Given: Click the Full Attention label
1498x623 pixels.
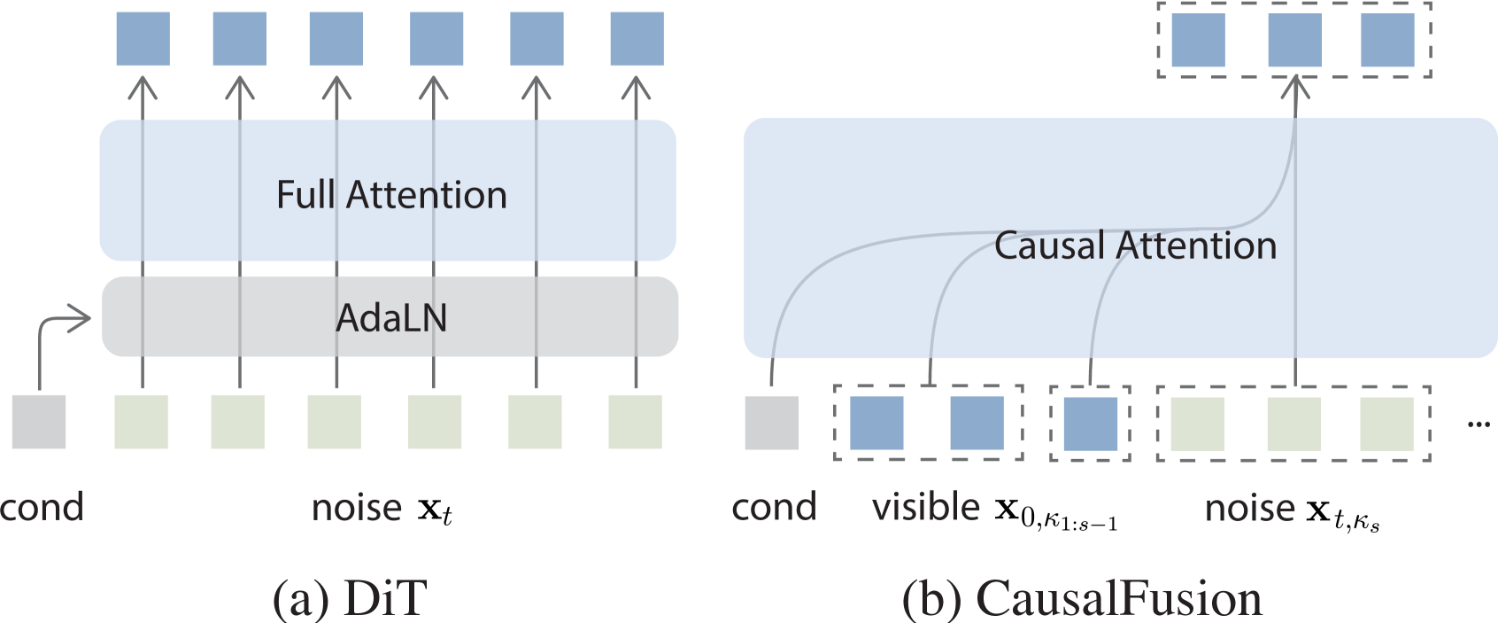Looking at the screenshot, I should [x=391, y=195].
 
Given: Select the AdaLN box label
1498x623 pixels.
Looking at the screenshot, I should [x=391, y=317].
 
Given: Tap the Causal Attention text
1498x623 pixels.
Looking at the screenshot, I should [x=1135, y=245].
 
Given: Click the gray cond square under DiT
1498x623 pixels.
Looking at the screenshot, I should [x=39, y=423].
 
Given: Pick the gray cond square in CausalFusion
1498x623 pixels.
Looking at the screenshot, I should [x=771, y=423].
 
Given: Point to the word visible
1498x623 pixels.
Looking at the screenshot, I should [x=926, y=508].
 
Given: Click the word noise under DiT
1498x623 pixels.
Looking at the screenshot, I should [x=357, y=508].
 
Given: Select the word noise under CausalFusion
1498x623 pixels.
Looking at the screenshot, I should [x=1249, y=508].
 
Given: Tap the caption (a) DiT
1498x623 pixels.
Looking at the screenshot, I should [x=350, y=599].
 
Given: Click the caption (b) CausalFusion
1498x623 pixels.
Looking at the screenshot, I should [x=1082, y=599].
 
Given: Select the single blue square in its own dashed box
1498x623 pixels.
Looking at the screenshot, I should [x=1090, y=424].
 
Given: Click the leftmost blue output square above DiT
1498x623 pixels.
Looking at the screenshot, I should [x=143, y=40].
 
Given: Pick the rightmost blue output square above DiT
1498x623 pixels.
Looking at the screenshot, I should [x=637, y=40].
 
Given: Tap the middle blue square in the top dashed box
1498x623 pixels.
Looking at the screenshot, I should [x=1294, y=40].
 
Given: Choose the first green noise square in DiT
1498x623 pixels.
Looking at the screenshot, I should [x=142, y=423].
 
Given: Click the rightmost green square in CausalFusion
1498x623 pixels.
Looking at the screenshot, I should [x=1386, y=424].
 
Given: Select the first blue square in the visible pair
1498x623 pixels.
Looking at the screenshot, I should [x=876, y=424].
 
